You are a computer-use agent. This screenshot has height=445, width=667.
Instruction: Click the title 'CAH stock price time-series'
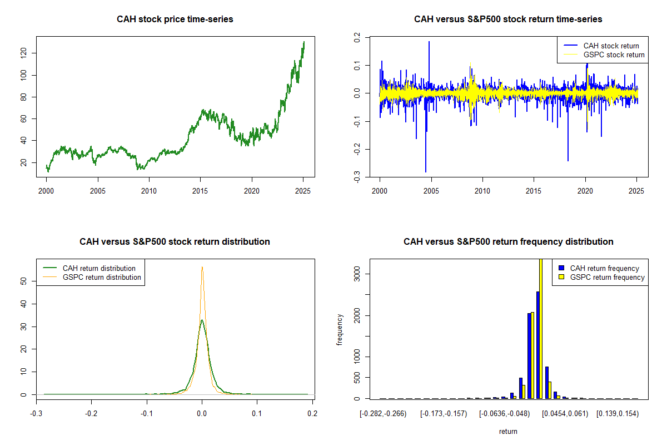click(175, 19)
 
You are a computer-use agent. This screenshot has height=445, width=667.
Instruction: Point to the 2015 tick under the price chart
click(200, 191)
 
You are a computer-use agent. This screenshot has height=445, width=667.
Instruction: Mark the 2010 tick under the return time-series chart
click(482, 191)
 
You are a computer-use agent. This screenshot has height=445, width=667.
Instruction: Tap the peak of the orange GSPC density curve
click(202, 268)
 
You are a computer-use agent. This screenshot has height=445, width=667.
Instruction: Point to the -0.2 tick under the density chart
click(92, 413)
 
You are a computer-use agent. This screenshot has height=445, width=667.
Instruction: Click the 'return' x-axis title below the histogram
click(508, 431)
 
